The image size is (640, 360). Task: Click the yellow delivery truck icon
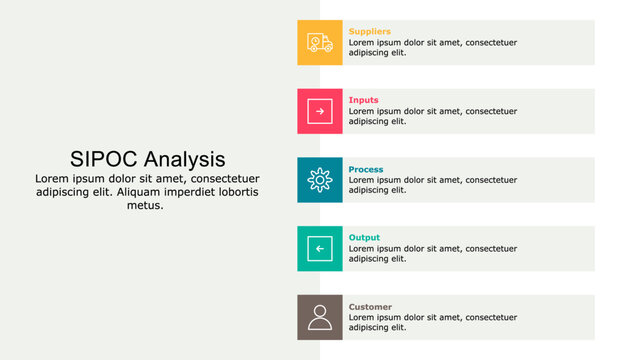point(320,43)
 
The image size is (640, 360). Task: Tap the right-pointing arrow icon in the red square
point(320,111)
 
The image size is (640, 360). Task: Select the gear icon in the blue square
point(320,180)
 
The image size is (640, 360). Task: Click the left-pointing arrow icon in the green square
point(320,248)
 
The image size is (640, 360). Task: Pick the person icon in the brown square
point(320,317)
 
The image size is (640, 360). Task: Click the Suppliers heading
point(369,32)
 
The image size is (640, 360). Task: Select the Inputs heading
point(363,100)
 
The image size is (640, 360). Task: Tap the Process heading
point(365,169)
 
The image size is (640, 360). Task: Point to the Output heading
point(364,238)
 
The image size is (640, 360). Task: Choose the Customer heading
point(370,306)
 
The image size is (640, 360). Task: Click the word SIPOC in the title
point(104,159)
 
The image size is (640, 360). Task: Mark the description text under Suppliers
point(432,47)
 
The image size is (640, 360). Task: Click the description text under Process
point(432,185)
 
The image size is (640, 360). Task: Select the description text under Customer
point(432,322)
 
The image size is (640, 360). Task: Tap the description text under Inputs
point(432,116)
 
